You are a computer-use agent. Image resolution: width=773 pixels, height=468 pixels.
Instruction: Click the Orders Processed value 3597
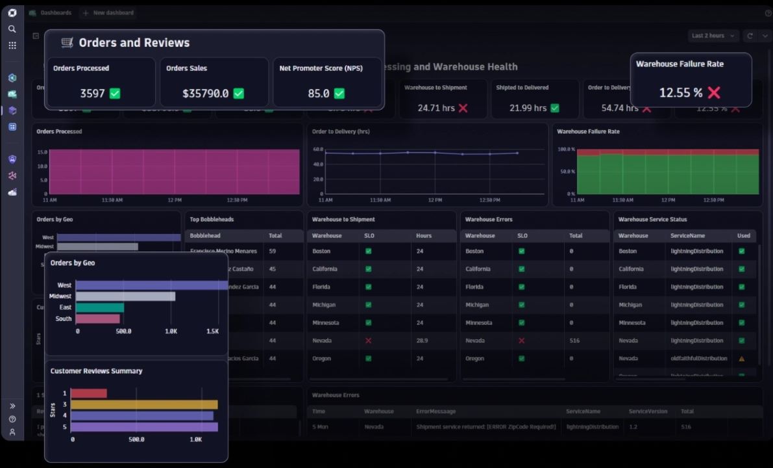click(92, 94)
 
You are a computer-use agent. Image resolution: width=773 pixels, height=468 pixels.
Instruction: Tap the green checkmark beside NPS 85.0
click(339, 94)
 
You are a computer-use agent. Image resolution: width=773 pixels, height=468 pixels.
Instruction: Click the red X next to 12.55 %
click(714, 93)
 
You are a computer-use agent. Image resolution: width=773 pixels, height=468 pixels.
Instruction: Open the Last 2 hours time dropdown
click(712, 36)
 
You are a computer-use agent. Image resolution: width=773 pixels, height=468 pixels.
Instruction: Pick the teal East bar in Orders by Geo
click(100, 307)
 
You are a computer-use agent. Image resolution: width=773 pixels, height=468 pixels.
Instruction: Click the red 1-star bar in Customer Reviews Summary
click(89, 393)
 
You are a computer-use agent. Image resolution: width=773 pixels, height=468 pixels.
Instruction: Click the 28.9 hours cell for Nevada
click(423, 341)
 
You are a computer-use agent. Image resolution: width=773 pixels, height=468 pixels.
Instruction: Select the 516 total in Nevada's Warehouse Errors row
click(574, 341)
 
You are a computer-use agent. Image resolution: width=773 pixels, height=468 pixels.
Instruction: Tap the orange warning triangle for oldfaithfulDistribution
click(741, 359)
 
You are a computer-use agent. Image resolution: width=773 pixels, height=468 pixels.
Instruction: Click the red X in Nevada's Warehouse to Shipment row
click(368, 341)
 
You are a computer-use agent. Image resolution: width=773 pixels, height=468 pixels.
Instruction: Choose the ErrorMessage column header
click(436, 411)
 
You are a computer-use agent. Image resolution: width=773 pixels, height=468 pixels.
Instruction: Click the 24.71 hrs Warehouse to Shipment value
click(436, 108)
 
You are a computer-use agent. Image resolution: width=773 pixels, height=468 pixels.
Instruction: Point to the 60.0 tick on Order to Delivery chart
click(318, 149)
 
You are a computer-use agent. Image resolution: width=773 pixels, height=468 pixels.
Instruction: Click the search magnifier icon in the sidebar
click(12, 29)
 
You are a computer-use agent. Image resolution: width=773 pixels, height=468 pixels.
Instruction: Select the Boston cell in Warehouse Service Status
click(628, 251)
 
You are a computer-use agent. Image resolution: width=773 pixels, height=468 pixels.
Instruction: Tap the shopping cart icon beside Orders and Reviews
click(67, 43)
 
